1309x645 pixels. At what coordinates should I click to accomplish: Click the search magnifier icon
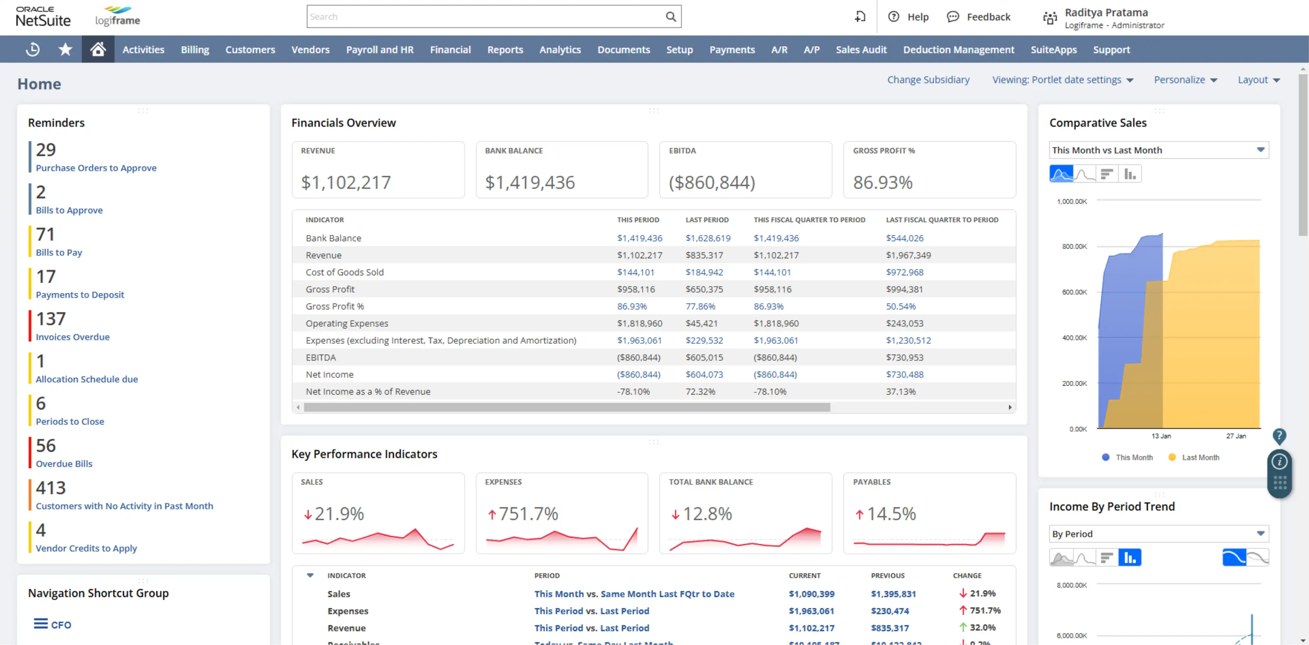[671, 17]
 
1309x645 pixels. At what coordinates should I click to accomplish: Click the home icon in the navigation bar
[98, 49]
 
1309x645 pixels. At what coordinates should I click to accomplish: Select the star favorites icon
[65, 49]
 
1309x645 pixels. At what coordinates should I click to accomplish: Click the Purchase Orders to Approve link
[96, 168]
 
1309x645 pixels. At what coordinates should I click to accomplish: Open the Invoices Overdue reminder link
[73, 337]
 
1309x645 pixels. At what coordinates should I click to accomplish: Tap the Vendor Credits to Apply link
[86, 548]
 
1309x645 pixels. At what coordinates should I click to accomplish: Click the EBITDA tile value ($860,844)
[712, 183]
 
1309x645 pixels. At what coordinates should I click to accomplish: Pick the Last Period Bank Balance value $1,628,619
[708, 238]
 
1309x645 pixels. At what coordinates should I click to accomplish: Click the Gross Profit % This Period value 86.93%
[632, 306]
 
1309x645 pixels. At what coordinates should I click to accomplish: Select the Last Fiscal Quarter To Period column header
[942, 220]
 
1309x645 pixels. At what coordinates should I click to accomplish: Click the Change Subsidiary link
[928, 80]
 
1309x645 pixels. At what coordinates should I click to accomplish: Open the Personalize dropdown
[1185, 80]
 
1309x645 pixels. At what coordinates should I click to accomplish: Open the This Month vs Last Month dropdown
[1158, 150]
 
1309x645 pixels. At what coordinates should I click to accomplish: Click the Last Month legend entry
[1200, 457]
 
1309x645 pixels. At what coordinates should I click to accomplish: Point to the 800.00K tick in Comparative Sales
[1074, 247]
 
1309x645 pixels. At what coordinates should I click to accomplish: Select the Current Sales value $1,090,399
[811, 594]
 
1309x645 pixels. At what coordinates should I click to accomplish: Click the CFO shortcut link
[60, 625]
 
